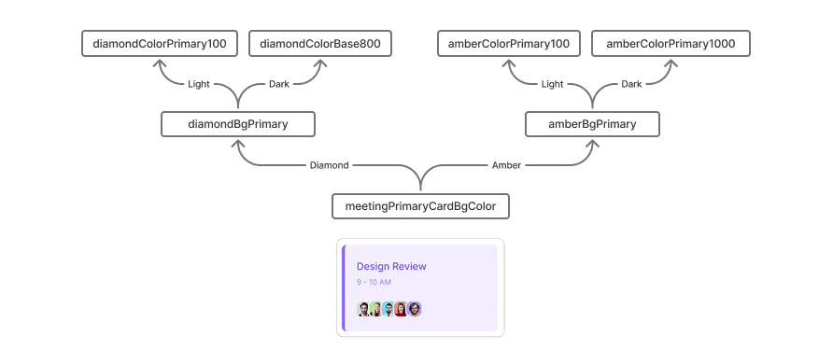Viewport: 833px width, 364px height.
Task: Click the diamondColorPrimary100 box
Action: [x=160, y=44]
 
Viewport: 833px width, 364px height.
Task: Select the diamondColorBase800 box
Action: [x=320, y=44]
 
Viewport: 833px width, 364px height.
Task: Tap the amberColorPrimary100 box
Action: [x=509, y=44]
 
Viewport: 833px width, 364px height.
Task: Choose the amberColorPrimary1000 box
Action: [x=671, y=44]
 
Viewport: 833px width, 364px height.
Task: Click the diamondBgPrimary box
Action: [x=238, y=124]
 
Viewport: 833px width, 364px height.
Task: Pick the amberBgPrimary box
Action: [x=592, y=124]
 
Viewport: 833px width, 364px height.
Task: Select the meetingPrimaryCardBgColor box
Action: [x=421, y=206]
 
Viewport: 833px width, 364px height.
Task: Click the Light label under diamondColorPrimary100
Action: [x=199, y=84]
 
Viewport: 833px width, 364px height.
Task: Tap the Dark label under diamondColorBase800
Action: [x=279, y=84]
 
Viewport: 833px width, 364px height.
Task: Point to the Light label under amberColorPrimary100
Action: [x=552, y=84]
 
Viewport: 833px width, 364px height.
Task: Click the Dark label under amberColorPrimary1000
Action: [x=631, y=84]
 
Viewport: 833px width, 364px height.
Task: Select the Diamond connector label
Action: [x=330, y=165]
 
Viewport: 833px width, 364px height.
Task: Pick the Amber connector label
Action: [x=506, y=165]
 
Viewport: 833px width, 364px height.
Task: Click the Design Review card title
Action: [x=391, y=266]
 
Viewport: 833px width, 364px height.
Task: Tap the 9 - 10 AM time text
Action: [x=374, y=282]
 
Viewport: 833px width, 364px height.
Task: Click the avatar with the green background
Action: [x=376, y=309]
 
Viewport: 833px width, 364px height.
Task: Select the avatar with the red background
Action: [x=402, y=309]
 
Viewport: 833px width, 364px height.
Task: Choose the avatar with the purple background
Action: [x=415, y=309]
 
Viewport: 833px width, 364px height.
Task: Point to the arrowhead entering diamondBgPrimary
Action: [x=238, y=144]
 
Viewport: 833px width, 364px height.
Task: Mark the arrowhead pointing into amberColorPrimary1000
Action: [x=671, y=63]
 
